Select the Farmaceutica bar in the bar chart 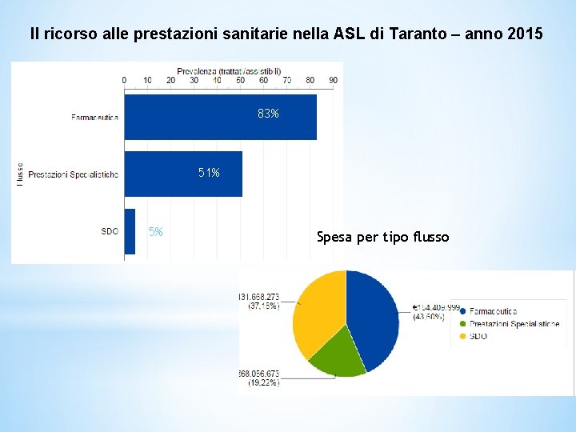220,117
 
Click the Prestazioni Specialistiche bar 182,174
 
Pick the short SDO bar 130,231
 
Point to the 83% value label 268,114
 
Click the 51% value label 209,172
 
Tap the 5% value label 156,232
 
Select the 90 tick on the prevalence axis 333,80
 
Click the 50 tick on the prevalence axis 240,80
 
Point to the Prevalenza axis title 228,70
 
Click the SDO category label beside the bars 110,231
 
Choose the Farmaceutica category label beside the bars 94,117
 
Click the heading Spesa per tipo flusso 382,237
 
